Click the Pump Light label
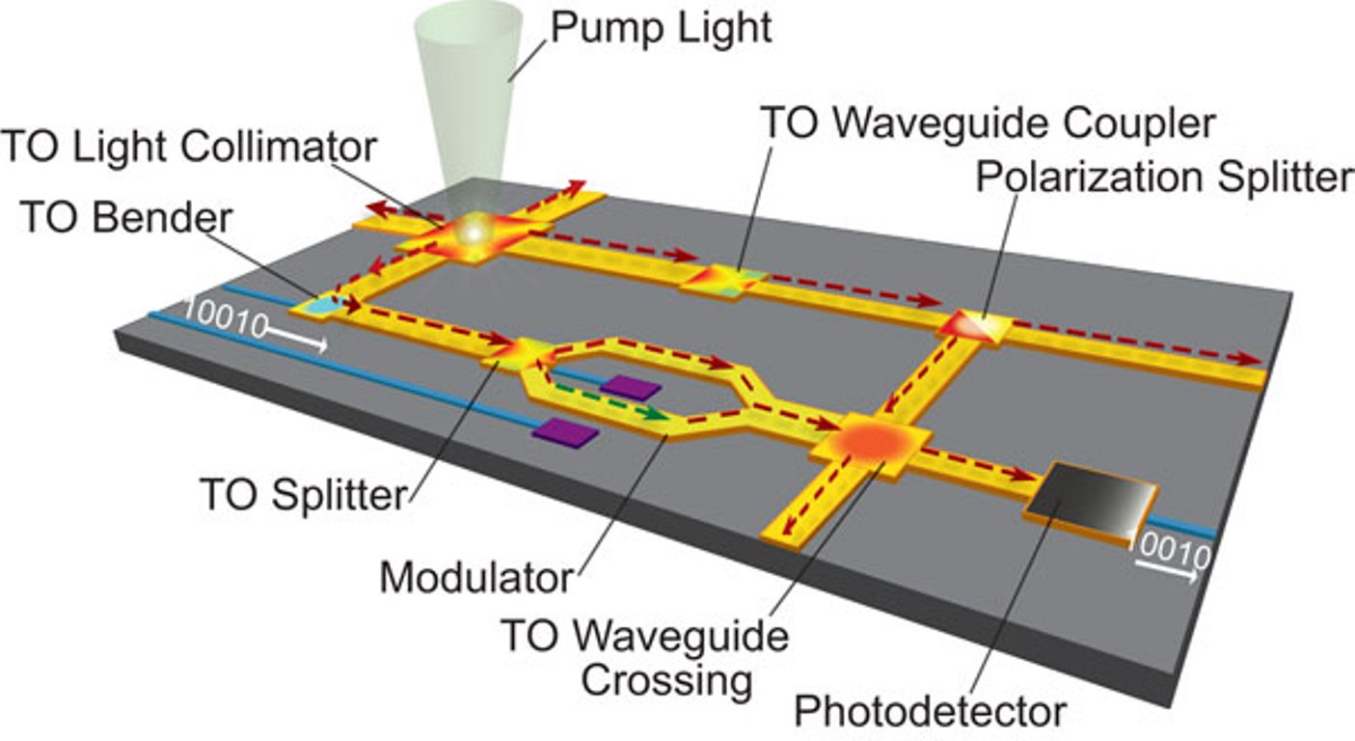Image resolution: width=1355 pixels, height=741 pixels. click(662, 28)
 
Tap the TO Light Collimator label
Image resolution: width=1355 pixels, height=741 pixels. click(189, 147)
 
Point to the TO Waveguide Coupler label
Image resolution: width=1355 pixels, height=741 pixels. click(988, 123)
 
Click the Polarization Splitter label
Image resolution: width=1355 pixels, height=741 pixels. click(1164, 178)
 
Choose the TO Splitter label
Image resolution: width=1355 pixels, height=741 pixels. click(304, 496)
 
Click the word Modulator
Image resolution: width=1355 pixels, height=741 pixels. click(475, 578)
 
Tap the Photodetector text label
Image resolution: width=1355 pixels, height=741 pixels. click(930, 712)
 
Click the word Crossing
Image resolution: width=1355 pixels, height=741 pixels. click(666, 680)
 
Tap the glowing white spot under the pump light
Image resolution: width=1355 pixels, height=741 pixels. click(474, 231)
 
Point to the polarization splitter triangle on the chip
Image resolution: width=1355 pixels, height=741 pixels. click(975, 326)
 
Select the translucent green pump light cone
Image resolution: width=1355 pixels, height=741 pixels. click(468, 96)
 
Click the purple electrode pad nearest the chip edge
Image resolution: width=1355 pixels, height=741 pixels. click(565, 433)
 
